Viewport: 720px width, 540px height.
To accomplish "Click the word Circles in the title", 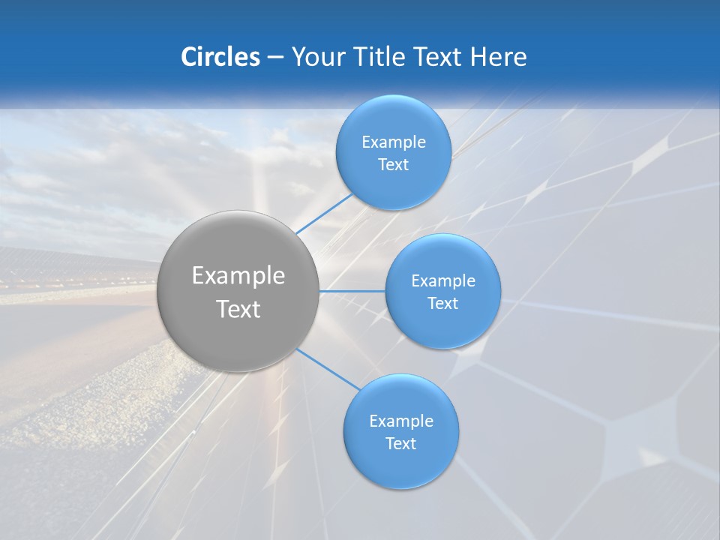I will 220,57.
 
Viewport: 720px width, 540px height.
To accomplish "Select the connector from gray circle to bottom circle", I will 327,368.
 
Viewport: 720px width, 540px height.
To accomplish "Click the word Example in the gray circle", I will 238,276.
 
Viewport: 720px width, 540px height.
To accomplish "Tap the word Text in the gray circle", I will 238,309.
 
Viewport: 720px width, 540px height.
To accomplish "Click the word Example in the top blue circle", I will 393,142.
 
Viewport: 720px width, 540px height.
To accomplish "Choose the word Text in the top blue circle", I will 393,165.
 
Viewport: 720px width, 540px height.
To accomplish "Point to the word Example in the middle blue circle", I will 442,281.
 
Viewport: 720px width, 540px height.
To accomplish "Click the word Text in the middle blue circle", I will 442,304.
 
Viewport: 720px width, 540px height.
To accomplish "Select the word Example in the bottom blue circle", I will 400,421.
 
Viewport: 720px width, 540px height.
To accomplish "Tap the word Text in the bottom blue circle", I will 400,444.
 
